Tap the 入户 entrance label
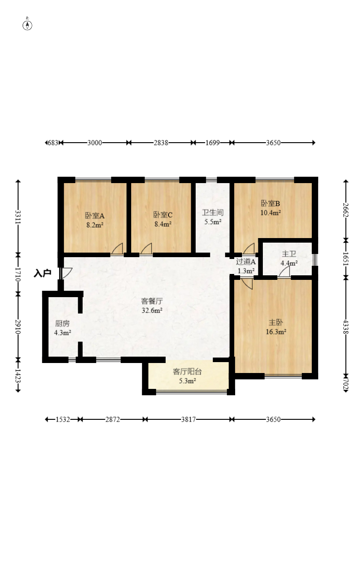pyautogui.click(x=43, y=273)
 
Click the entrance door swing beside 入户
pyautogui.click(x=66, y=273)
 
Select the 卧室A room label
pyautogui.click(x=95, y=216)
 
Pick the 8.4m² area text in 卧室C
pyautogui.click(x=163, y=224)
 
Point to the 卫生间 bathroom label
pyautogui.click(x=213, y=213)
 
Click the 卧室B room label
pyautogui.click(x=271, y=203)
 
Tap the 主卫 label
pyautogui.click(x=289, y=254)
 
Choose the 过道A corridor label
pyautogui.click(x=246, y=262)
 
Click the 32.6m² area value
pyautogui.click(x=152, y=310)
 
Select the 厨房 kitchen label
pyautogui.click(x=63, y=323)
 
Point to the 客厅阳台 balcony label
pyautogui.click(x=187, y=372)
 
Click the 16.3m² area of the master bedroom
pyautogui.click(x=276, y=332)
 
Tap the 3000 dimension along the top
pyautogui.click(x=95, y=143)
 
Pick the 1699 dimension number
pyautogui.click(x=213, y=143)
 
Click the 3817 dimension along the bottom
pyautogui.click(x=188, y=419)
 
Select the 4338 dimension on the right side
pyautogui.click(x=346, y=327)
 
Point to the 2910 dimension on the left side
pyautogui.click(x=18, y=327)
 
